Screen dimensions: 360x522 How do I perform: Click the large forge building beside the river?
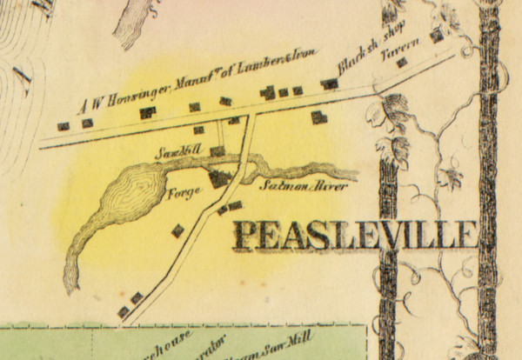tap(217, 178)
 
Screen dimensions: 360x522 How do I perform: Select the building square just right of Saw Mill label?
tap(217, 150)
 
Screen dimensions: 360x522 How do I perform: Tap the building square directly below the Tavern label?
tap(401, 62)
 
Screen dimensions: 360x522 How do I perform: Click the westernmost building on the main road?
tap(63, 125)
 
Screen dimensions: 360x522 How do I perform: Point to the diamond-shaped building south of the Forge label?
tap(178, 230)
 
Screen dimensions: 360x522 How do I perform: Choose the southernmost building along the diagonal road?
tap(123, 310)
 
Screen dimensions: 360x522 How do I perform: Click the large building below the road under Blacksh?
tap(319, 117)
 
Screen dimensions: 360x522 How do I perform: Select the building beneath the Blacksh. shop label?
tap(330, 84)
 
